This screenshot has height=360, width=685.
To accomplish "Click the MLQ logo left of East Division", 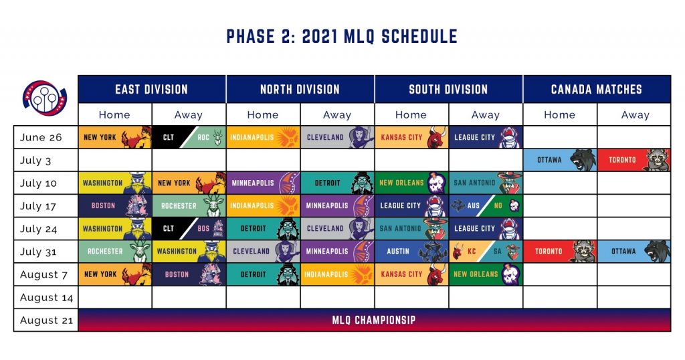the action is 44,98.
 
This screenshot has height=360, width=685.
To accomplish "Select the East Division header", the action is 152,90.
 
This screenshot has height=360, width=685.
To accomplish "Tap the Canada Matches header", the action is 597,90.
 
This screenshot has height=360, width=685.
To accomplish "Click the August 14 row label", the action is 46,298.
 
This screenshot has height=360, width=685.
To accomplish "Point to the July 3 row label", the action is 35,161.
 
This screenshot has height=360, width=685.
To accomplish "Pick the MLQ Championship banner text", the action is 374,321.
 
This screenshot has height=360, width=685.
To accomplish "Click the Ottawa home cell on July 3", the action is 560,160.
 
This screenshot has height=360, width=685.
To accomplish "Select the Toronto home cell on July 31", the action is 560,252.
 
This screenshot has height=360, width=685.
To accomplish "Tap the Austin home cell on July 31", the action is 411,252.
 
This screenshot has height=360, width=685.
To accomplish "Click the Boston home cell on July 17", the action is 115,206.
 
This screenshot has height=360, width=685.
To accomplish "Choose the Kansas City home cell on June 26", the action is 411,137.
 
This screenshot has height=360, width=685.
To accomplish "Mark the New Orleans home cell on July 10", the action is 411,183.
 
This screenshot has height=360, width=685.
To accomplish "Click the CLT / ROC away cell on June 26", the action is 189,137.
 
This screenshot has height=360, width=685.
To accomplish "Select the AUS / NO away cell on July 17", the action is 486,206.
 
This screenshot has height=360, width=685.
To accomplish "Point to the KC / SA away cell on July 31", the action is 486,252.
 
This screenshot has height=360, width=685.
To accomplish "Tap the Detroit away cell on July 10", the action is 337,183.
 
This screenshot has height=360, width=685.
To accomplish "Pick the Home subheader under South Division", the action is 411,115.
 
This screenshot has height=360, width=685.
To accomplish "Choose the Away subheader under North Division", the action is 337,115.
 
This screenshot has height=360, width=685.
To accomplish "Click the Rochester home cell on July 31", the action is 115,252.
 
